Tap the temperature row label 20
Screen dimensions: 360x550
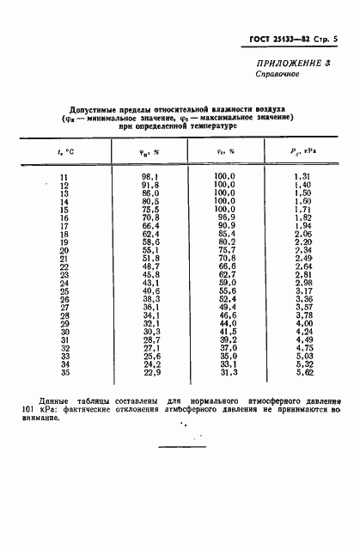click(63, 250)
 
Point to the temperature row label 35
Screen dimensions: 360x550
click(63, 372)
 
